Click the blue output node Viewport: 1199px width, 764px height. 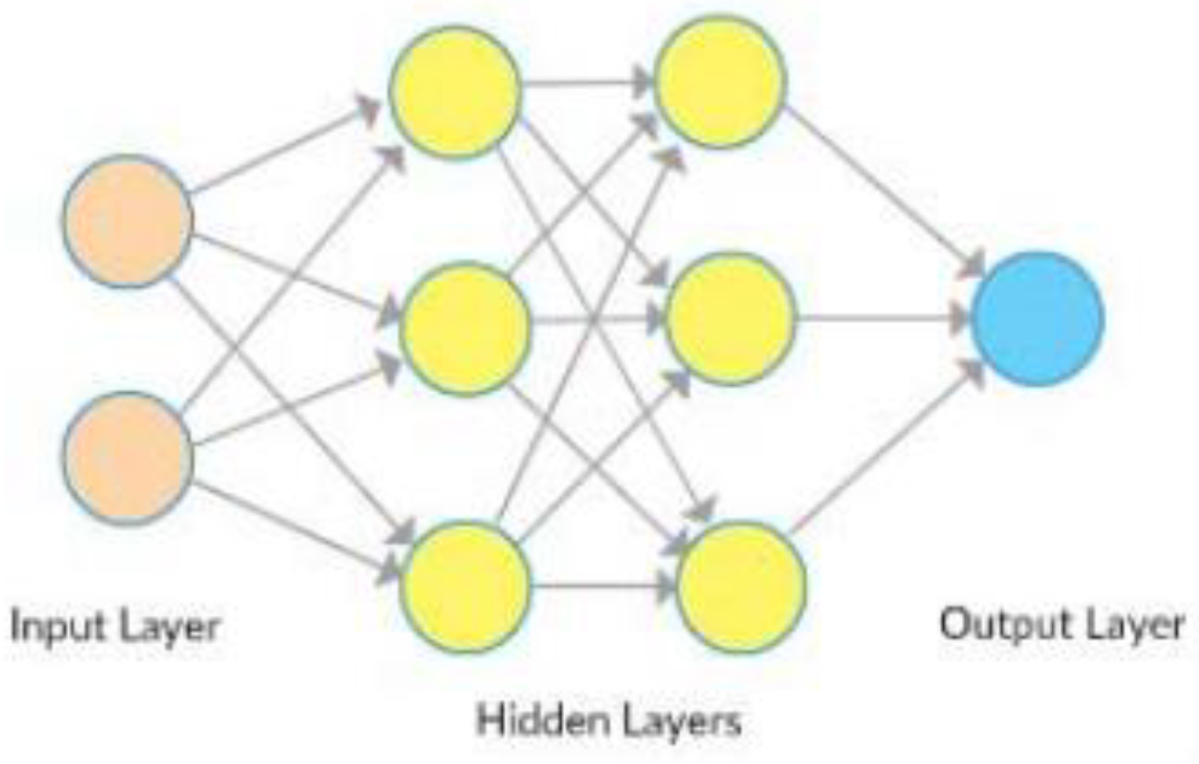[1037, 319]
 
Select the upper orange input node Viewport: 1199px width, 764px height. [128, 221]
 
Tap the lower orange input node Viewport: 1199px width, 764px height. [128, 457]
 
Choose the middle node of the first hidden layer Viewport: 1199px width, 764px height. [465, 327]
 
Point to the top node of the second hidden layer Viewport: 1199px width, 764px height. [720, 81]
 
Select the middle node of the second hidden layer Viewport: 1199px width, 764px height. [730, 319]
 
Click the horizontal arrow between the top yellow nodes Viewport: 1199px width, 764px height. [588, 84]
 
